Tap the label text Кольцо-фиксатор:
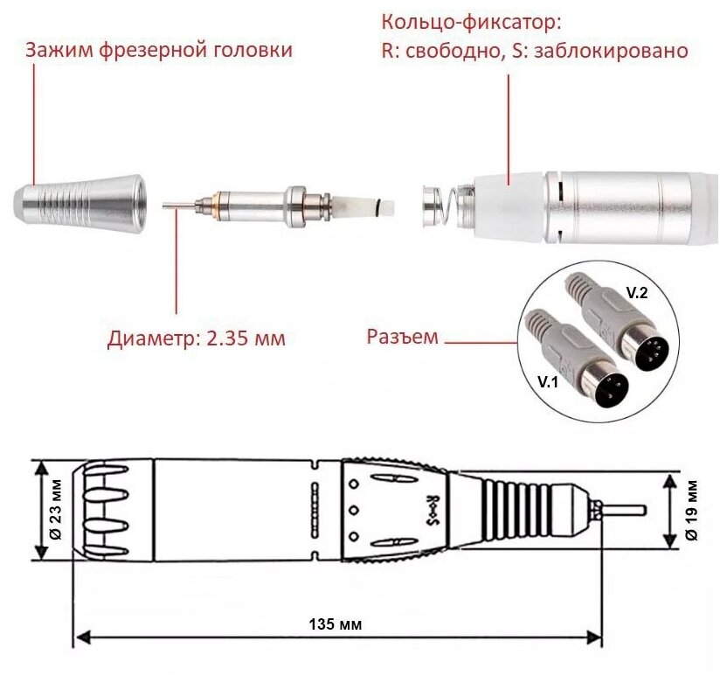click(472, 22)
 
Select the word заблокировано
click(611, 51)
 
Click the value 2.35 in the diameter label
click(226, 338)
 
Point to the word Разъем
click(403, 337)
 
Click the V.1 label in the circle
click(548, 382)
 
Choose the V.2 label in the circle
click(637, 293)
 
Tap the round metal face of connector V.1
click(611, 389)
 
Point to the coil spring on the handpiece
click(446, 206)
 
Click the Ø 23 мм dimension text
click(56, 509)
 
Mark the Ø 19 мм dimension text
click(691, 511)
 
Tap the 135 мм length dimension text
click(336, 624)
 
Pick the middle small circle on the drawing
click(354, 511)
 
